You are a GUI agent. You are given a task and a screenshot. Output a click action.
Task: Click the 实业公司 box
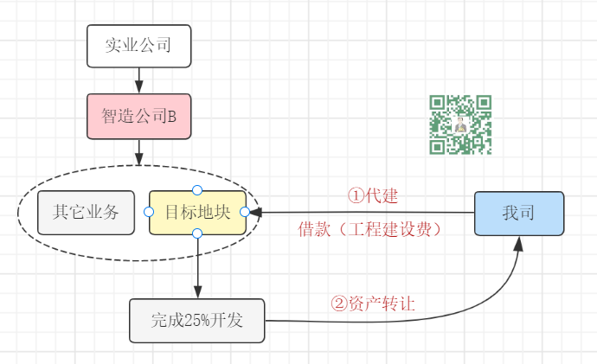point(138,47)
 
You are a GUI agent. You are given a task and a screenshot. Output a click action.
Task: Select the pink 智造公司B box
point(138,116)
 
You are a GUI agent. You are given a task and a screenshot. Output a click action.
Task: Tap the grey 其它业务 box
point(87,212)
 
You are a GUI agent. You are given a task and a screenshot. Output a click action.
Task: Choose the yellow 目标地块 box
point(197,212)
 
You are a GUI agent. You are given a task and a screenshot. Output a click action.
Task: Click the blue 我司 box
point(519,213)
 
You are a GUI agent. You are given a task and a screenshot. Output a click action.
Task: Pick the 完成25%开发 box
point(196,321)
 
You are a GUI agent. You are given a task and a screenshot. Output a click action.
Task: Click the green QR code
point(460,125)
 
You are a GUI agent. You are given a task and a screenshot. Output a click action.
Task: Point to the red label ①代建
point(373,195)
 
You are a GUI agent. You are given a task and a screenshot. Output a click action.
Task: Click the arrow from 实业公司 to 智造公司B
point(138,80)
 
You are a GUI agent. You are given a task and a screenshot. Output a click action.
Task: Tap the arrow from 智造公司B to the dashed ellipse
point(138,152)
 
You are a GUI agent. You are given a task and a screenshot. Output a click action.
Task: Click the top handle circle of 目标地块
point(197,189)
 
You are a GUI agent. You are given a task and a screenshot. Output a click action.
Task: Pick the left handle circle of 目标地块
point(149,212)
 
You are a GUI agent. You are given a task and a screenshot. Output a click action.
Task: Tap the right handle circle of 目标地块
point(245,212)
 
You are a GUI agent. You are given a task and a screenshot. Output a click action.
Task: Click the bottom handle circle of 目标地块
point(197,233)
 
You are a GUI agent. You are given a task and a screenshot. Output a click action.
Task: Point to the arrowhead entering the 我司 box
point(519,242)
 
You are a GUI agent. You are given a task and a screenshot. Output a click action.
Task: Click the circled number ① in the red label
point(355,195)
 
